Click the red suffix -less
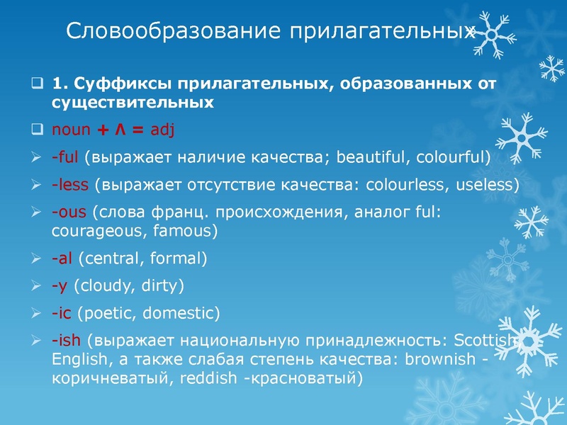tap(69, 185)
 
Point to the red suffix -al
tap(62, 259)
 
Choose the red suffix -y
tap(60, 285)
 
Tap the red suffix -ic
tap(62, 312)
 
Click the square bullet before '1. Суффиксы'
tap(40, 84)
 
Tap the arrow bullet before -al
tap(40, 259)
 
